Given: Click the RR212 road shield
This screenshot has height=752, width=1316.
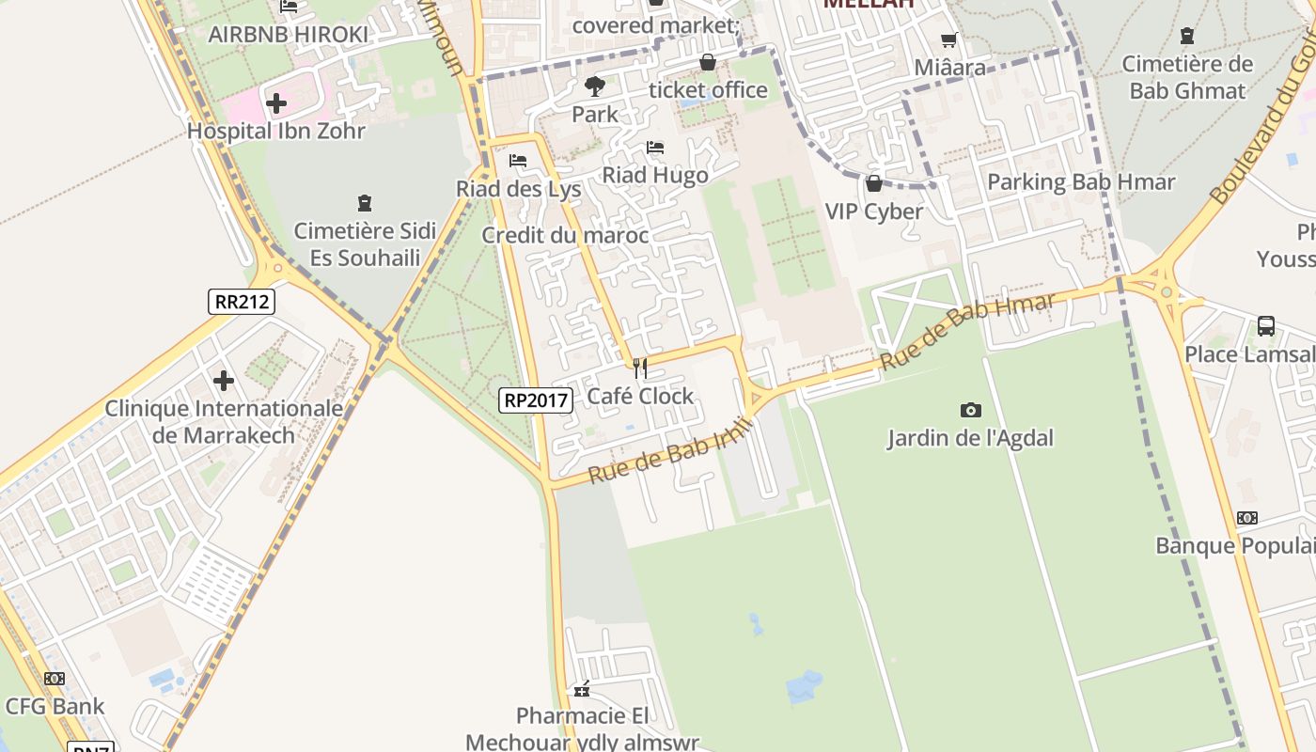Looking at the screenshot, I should pyautogui.click(x=243, y=302).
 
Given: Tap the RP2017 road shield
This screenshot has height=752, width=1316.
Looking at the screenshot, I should pyautogui.click(x=536, y=400).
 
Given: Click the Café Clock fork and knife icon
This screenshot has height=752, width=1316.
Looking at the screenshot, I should pyautogui.click(x=640, y=368).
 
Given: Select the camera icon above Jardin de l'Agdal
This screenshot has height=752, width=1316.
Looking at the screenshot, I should pyautogui.click(x=970, y=410).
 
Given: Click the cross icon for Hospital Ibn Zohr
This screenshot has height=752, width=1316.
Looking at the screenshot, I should pyautogui.click(x=275, y=102).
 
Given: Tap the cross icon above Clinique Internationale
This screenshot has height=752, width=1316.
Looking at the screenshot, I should pyautogui.click(x=224, y=381).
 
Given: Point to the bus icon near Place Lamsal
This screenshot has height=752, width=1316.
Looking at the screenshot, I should pyautogui.click(x=1266, y=326).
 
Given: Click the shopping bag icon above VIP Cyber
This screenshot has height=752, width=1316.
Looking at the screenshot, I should pyautogui.click(x=874, y=183).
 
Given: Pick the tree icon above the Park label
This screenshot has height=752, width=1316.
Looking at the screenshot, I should pyautogui.click(x=594, y=86).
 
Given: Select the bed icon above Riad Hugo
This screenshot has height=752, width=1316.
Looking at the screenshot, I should pyautogui.click(x=655, y=148).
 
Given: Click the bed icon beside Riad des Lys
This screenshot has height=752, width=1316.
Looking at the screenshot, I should pyautogui.click(x=518, y=161).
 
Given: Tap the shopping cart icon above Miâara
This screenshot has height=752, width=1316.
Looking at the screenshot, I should pyautogui.click(x=949, y=39).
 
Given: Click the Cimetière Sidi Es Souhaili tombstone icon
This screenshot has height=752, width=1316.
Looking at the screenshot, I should pyautogui.click(x=365, y=202).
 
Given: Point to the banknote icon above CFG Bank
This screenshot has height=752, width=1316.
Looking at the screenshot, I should pyautogui.click(x=55, y=678).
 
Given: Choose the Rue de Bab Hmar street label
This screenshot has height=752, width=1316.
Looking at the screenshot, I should pyautogui.click(x=967, y=330).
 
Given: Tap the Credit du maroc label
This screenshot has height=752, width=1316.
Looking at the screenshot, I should pyautogui.click(x=565, y=235).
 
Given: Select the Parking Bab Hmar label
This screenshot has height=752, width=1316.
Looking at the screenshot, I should pyautogui.click(x=1081, y=182).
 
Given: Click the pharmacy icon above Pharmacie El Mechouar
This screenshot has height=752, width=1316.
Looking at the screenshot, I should pyautogui.click(x=582, y=689).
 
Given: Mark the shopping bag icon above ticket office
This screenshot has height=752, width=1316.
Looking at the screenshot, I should pyautogui.click(x=708, y=62).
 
